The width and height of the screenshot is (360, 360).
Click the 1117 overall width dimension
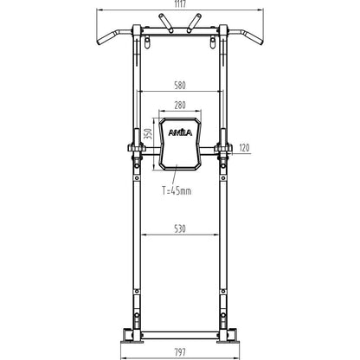(x=180, y=4)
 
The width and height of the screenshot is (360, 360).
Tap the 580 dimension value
(x=180, y=86)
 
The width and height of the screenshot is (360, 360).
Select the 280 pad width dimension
(x=180, y=106)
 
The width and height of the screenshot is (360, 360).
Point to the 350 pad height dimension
(x=148, y=134)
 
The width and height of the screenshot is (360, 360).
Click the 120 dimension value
(x=244, y=148)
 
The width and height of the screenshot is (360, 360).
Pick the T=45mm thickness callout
(x=177, y=190)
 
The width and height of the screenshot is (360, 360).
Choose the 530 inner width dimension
(x=180, y=229)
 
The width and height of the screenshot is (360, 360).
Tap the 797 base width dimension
(x=180, y=352)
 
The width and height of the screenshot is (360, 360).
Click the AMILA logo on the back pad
(x=180, y=133)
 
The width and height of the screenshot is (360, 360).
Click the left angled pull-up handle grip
(x=106, y=38)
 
